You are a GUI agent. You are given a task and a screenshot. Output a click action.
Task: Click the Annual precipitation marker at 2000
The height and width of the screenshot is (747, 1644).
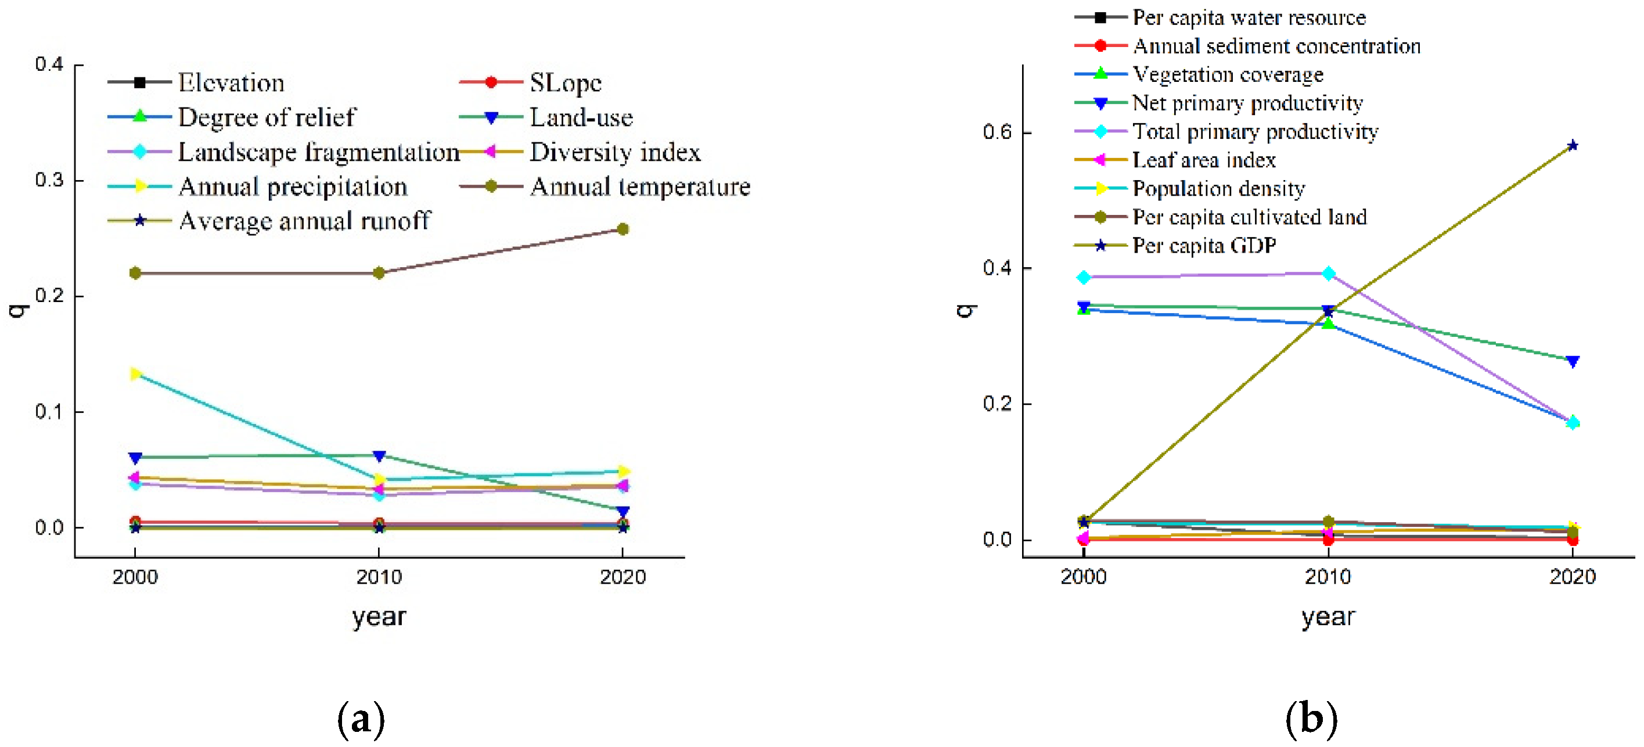point(135,373)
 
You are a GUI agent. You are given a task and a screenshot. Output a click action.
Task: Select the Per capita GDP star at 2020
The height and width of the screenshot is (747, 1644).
point(1573,146)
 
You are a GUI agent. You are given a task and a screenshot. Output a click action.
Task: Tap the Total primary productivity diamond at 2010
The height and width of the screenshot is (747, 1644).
point(1328,273)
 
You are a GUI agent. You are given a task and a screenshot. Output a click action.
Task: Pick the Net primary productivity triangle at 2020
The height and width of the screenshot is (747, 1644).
point(1573,361)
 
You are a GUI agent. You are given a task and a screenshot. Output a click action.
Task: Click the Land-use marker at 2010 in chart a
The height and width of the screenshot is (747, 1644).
point(379,456)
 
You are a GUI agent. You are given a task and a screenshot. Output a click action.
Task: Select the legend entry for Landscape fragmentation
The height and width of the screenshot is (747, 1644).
point(318,152)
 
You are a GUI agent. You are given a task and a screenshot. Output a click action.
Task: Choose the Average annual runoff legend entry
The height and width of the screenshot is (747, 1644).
point(304,221)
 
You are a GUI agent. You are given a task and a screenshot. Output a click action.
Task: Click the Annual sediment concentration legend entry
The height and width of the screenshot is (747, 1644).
point(1276,46)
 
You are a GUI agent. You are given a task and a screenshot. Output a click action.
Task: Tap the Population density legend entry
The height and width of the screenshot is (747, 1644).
point(1218,188)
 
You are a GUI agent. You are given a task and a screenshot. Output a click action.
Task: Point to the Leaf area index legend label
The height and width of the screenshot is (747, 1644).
point(1204,160)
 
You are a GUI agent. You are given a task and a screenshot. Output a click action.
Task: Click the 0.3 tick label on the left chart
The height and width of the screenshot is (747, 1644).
point(49,180)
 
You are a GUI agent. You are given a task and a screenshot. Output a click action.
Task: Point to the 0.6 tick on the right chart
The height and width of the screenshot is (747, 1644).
point(998,132)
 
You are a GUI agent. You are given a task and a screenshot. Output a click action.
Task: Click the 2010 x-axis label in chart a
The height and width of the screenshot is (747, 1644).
point(379,577)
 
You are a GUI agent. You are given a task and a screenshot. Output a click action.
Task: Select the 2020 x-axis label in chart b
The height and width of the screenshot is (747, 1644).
point(1573,577)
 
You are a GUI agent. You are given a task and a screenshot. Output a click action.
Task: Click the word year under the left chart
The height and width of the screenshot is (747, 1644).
point(379,617)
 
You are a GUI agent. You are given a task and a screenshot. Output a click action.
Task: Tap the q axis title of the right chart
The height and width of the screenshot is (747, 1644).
point(966,310)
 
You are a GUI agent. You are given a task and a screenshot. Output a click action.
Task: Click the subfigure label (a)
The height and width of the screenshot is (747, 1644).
point(361,719)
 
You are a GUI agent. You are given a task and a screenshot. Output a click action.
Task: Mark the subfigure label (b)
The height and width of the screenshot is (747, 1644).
point(1311,719)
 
